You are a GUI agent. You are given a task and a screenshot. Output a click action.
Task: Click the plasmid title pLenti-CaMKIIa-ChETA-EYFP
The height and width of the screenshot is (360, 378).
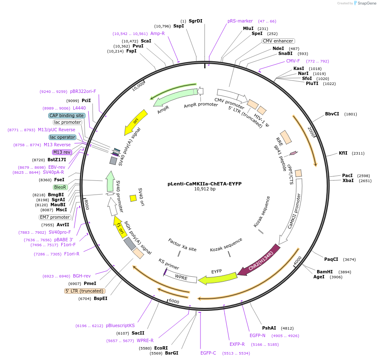[205, 183]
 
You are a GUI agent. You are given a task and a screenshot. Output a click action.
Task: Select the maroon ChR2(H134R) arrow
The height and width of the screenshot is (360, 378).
[258, 260]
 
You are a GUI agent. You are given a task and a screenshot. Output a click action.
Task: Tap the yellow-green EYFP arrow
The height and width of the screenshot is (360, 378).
[214, 277]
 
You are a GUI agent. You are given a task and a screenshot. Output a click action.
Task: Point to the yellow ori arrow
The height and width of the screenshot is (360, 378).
[136, 122]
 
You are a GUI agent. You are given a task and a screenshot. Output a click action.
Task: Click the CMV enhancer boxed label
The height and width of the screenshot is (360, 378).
[278, 41]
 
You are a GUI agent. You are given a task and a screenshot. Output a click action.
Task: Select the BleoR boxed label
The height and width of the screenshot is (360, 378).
[60, 187]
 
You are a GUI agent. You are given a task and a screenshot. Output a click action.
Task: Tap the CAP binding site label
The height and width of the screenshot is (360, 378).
[67, 115]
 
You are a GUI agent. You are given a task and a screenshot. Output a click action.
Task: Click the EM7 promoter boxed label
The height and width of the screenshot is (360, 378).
[55, 217]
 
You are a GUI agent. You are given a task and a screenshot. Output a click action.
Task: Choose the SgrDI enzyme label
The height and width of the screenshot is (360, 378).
[195, 21]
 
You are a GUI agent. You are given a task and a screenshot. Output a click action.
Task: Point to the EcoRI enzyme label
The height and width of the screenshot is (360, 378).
[161, 348]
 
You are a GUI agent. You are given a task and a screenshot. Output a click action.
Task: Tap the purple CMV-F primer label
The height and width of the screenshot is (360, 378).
[293, 61]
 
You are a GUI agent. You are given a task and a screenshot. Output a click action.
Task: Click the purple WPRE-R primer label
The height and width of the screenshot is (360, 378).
[145, 340]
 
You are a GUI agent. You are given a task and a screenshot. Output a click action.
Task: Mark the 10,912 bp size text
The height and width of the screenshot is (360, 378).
[205, 189]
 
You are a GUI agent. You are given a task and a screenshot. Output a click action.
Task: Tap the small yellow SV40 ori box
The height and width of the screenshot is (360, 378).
[133, 198]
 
